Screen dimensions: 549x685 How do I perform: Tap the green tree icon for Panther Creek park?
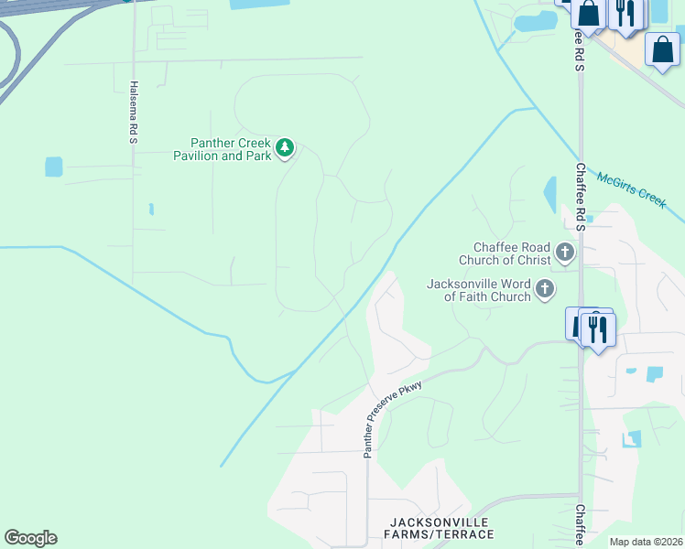(285, 147)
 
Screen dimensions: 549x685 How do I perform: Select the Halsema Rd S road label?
(133, 112)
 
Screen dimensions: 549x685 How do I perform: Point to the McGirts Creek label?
(630, 190)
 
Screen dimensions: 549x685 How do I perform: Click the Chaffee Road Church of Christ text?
(511, 253)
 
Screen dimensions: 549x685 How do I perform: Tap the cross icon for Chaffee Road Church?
(565, 252)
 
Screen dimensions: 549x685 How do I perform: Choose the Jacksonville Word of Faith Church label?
(479, 290)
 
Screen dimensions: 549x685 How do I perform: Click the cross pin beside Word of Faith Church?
(545, 290)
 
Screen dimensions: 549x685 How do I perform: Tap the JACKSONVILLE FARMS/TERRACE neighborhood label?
(439, 528)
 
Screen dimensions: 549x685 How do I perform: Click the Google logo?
(30, 538)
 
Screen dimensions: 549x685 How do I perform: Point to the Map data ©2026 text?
(647, 542)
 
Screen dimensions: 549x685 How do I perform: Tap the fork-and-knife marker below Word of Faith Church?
(597, 327)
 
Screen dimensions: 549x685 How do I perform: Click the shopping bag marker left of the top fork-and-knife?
(589, 14)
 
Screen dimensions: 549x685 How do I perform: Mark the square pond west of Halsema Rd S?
(54, 167)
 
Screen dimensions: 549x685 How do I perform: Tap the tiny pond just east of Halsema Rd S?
(151, 210)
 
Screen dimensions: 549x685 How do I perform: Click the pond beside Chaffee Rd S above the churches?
(550, 194)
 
